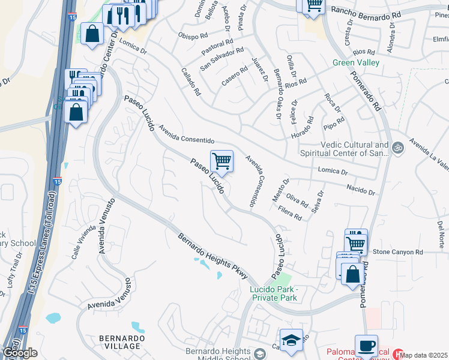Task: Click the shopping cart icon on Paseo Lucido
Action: click(x=221, y=160)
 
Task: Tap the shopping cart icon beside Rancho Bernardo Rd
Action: click(x=313, y=5)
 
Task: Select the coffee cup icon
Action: click(x=366, y=346)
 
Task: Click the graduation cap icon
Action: click(x=291, y=340)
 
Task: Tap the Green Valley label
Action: click(x=357, y=62)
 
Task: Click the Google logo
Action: click(x=19, y=353)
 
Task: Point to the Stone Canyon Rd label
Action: click(x=398, y=252)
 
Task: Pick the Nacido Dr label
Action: click(x=361, y=190)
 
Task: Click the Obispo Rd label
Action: click(x=193, y=34)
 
